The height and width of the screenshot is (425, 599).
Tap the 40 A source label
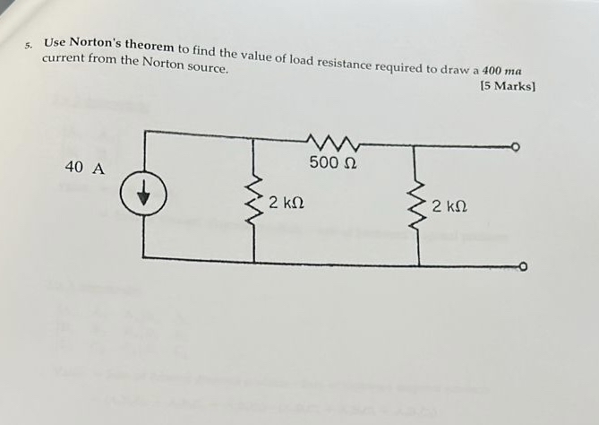coord(85,168)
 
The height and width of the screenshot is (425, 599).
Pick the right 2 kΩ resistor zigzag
coord(418,203)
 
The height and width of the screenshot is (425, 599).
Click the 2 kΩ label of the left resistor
coord(287,203)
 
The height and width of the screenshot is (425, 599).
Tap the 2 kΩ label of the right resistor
coord(449,207)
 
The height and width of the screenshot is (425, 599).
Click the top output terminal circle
coord(517,146)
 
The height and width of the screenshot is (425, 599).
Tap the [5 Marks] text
coord(508,87)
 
